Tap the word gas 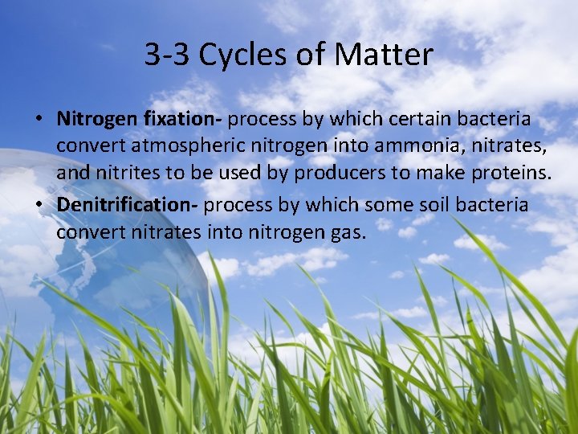tap(349, 233)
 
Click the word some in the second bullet tap(389, 205)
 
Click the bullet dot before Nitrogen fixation tap(39, 120)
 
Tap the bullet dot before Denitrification tap(39, 206)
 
